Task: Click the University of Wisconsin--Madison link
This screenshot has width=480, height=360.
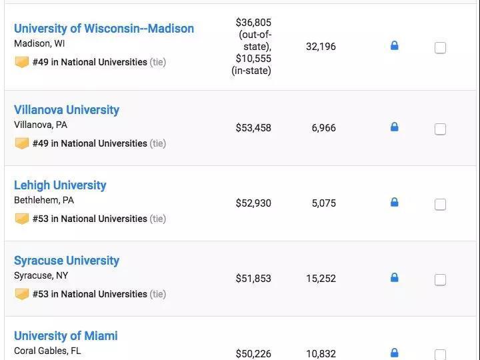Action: (x=104, y=29)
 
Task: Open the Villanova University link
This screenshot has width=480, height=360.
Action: (x=67, y=110)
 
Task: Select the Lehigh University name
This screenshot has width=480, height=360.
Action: (x=60, y=185)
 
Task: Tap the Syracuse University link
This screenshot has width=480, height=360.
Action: (x=67, y=261)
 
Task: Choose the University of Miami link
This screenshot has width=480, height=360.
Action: (x=66, y=336)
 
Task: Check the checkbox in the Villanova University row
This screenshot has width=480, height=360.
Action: (x=440, y=129)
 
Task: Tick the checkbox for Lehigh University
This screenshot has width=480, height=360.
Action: (x=440, y=204)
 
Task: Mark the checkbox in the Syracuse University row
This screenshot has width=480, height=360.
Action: (x=440, y=279)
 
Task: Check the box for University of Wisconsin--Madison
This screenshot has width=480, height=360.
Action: (x=440, y=47)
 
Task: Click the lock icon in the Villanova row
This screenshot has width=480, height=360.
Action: (x=394, y=127)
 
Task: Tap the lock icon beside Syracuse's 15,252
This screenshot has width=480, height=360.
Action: (x=394, y=277)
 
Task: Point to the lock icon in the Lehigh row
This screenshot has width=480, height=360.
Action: (x=394, y=202)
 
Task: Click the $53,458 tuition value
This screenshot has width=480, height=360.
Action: (x=253, y=128)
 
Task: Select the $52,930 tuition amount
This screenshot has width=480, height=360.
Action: (x=253, y=203)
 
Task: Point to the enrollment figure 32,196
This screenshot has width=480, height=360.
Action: (x=321, y=47)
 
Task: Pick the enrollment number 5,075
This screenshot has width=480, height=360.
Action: (x=323, y=203)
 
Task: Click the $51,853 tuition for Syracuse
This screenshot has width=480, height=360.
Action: (x=253, y=279)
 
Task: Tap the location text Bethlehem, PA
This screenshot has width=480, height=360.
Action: (x=44, y=200)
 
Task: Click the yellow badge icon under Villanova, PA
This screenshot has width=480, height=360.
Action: (x=22, y=143)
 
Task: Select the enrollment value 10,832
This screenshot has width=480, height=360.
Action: (x=321, y=354)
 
